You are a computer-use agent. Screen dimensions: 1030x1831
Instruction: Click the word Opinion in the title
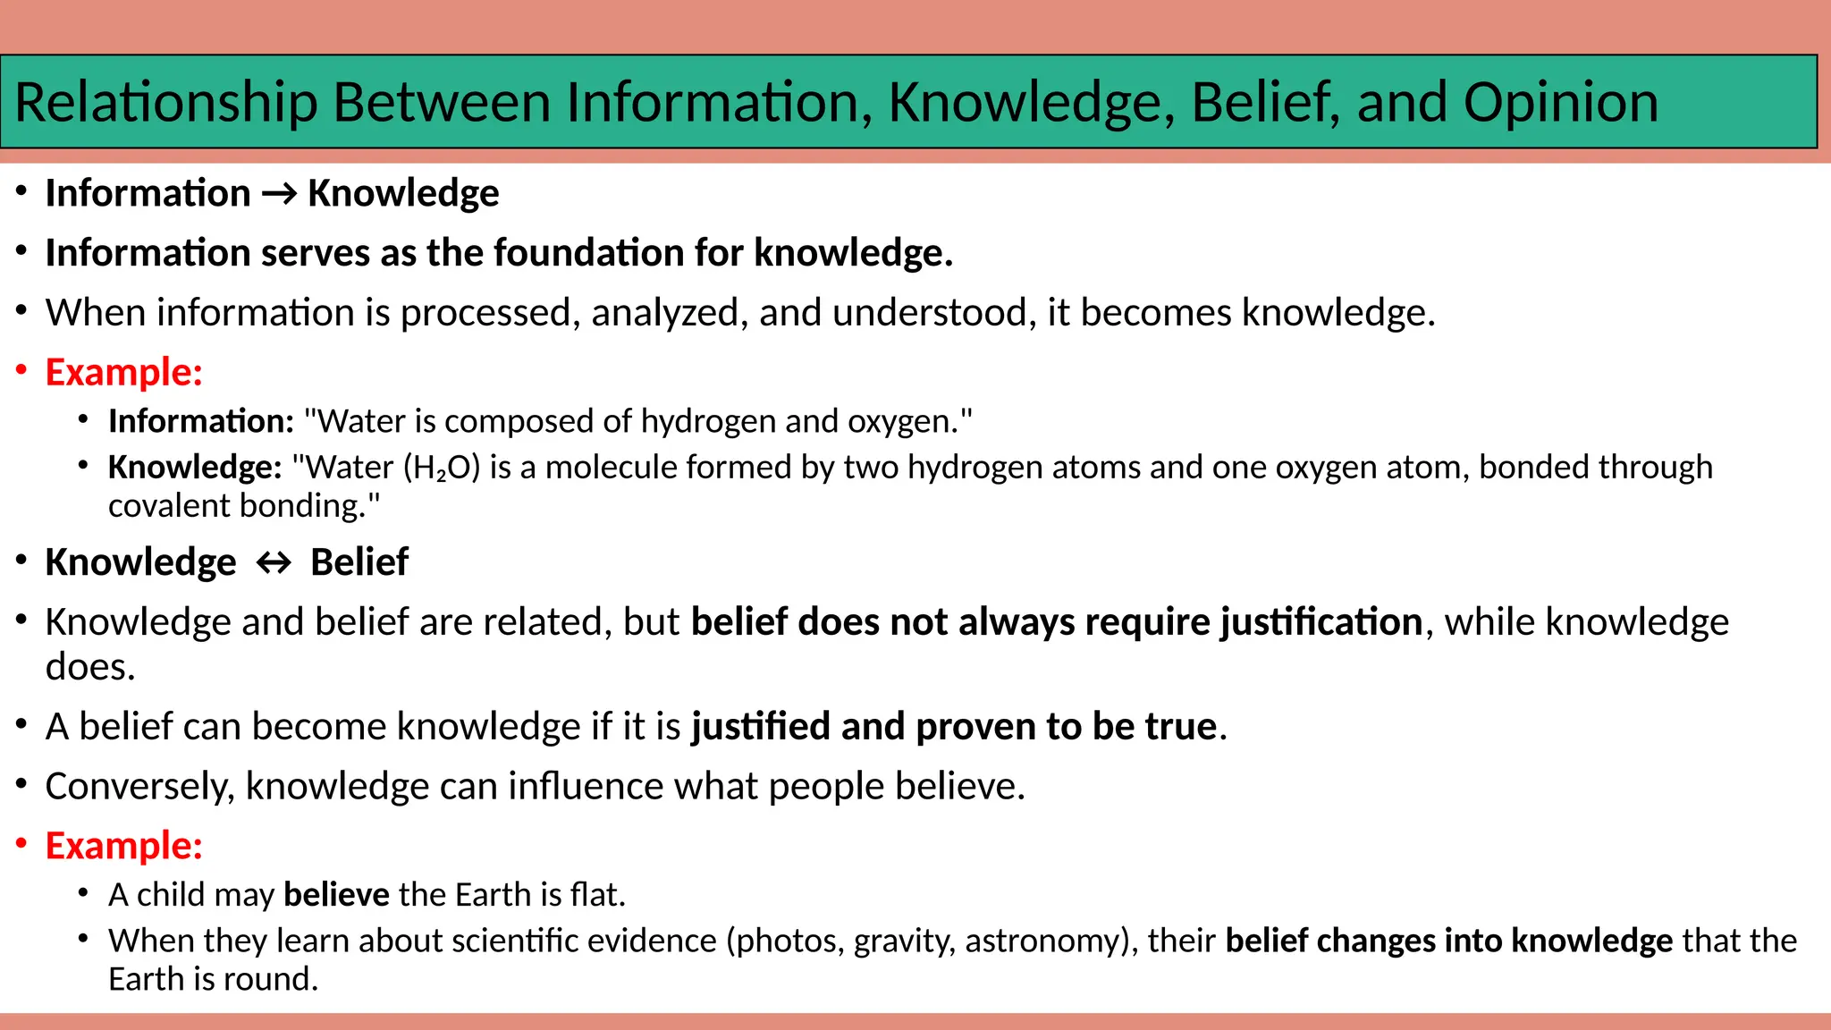point(1560,102)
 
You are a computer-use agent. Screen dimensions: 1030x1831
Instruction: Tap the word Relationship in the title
point(166,102)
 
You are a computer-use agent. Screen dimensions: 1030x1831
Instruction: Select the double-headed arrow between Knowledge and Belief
point(274,563)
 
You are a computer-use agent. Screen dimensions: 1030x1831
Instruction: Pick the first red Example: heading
point(124,372)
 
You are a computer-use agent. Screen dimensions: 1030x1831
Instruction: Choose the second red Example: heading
point(124,846)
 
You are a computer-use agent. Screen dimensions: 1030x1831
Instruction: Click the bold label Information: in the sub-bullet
point(201,421)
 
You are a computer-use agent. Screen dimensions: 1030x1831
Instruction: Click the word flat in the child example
point(595,895)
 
